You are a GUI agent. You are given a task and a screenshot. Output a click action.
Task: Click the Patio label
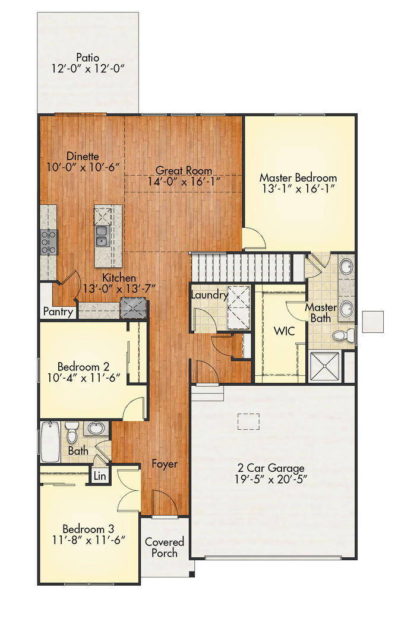pos(87,58)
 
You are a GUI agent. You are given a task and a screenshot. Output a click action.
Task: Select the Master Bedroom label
pos(298,177)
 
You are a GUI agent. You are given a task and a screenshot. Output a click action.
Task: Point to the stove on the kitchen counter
pos(48,242)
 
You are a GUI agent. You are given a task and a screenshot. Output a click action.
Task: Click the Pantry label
pos(59,312)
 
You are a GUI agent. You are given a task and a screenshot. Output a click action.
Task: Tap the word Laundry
pos(209,295)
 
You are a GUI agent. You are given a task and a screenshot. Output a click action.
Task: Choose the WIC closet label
pos(285,331)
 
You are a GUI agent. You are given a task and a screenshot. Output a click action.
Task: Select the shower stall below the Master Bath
pos(324,367)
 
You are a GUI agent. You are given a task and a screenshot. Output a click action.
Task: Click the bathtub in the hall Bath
pos(49,442)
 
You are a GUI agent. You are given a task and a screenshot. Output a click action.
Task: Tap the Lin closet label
pos(99,475)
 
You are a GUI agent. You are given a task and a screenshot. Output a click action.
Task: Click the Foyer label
pos(165,464)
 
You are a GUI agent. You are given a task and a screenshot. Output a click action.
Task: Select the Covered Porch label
pos(165,547)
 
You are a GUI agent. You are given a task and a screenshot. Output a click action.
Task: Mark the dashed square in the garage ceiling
pos(249,421)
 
